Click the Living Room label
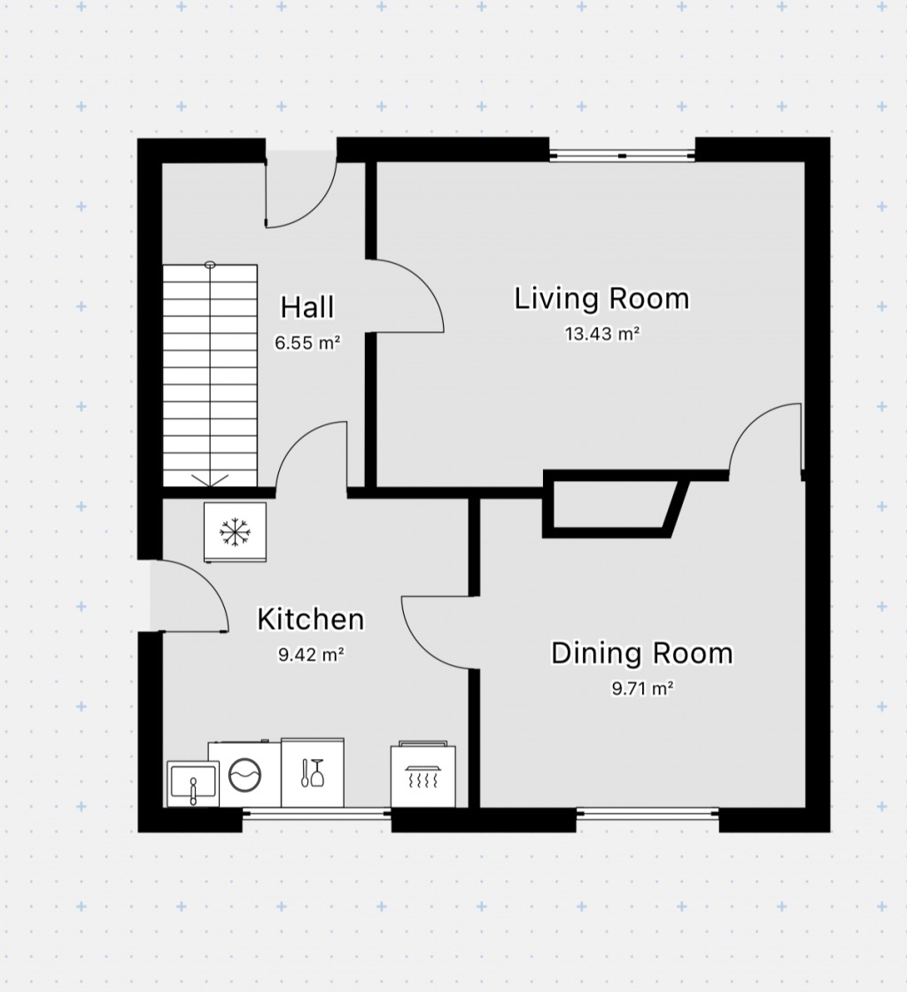(x=601, y=299)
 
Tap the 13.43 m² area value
(x=601, y=335)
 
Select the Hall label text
(x=307, y=308)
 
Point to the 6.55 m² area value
(x=307, y=343)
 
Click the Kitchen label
(x=310, y=620)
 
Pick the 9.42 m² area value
(x=310, y=655)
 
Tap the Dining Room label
(x=641, y=654)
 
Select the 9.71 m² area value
(x=641, y=689)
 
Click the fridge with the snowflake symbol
(x=235, y=531)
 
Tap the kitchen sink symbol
(x=192, y=784)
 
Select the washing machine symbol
(x=244, y=774)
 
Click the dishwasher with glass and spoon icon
(x=312, y=772)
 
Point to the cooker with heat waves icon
(x=423, y=776)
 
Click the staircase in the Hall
(x=210, y=376)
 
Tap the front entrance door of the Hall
(x=301, y=190)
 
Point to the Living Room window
(x=622, y=156)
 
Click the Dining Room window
(x=647, y=813)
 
